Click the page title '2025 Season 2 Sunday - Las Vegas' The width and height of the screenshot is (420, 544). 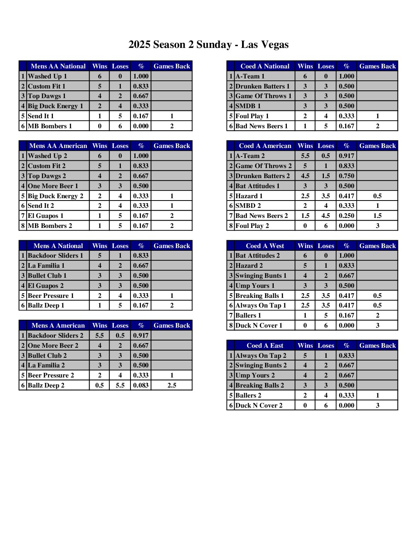click(x=208, y=45)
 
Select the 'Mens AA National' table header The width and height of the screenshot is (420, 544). click(x=58, y=66)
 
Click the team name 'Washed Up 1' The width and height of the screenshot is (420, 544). click(x=47, y=76)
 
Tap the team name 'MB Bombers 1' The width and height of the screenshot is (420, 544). click(x=50, y=126)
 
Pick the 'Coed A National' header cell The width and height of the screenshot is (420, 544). click(x=265, y=66)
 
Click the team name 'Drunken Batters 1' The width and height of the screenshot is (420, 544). click(x=262, y=86)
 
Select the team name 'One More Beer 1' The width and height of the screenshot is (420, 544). click(x=53, y=186)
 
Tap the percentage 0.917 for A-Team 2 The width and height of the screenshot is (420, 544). click(x=346, y=156)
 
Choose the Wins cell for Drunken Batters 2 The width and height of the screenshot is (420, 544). click(x=305, y=176)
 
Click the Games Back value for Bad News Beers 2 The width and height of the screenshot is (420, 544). click(x=377, y=216)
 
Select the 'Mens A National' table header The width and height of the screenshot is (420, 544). click(x=58, y=246)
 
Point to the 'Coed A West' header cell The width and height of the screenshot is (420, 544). click(x=265, y=246)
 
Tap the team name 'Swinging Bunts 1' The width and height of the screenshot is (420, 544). click(x=261, y=276)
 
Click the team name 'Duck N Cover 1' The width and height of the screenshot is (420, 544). click(x=259, y=326)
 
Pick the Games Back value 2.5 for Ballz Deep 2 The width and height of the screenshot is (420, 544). click(x=172, y=385)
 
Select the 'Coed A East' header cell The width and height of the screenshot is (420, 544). click(x=265, y=346)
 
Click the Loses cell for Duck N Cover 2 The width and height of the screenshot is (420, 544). click(x=326, y=405)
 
